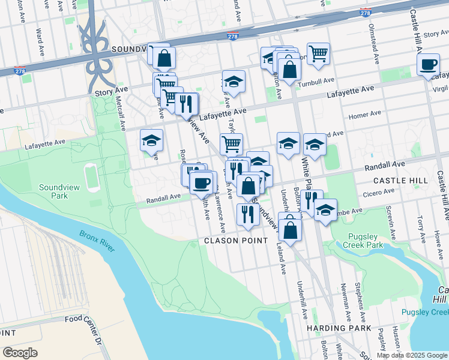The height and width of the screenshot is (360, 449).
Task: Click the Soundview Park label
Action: tap(59, 191)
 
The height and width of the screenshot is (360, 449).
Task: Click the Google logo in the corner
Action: tap(20, 353)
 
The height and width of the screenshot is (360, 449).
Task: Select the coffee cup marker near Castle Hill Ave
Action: tap(428, 65)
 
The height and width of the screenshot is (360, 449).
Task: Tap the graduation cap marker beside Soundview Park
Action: tap(151, 142)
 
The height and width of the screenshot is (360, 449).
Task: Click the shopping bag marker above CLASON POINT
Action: tap(289, 230)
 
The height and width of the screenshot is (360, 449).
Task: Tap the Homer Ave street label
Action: tap(366, 113)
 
